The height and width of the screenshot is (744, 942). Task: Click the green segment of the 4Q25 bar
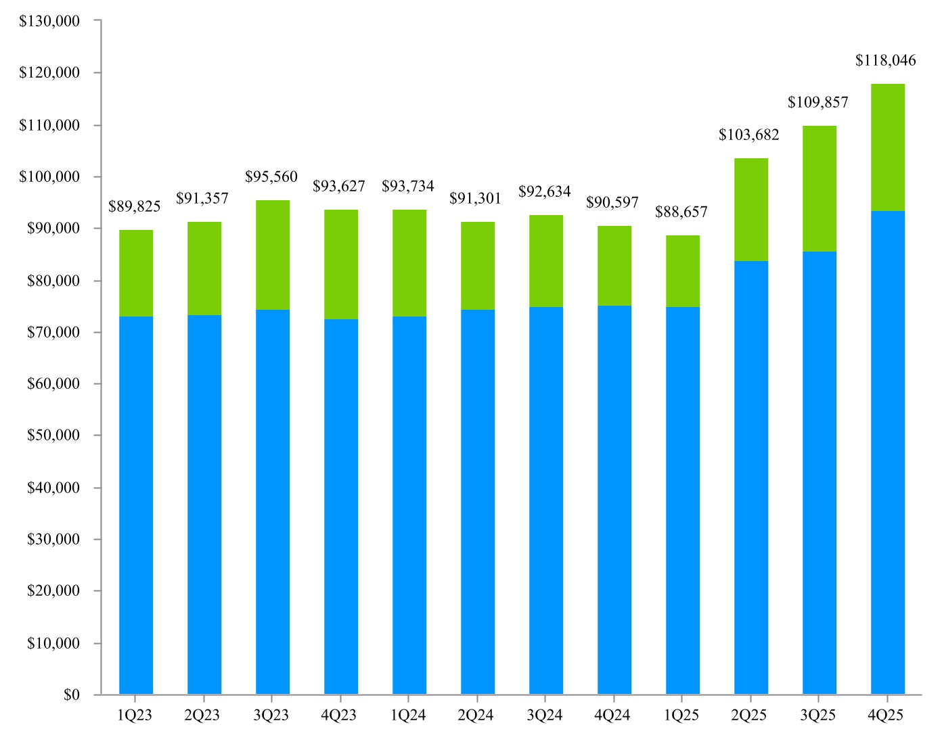point(887,147)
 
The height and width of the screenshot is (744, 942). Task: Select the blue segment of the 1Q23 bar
point(135,505)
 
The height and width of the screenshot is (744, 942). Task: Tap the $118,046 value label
point(885,61)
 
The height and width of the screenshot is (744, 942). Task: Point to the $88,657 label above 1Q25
point(681,212)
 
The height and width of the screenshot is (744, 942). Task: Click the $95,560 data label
point(271,177)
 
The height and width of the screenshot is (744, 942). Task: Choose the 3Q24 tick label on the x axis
point(545,716)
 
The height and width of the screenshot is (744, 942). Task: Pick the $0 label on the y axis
point(71,695)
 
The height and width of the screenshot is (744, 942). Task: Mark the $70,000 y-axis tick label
point(53,332)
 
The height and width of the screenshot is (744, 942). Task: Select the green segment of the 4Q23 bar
point(341,264)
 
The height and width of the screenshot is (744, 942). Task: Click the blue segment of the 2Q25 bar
point(750,478)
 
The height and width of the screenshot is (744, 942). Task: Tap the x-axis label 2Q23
point(202,716)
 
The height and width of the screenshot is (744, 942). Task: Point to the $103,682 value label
point(748,135)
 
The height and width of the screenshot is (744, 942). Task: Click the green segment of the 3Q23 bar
point(272,255)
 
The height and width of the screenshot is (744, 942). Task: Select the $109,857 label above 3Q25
point(817,103)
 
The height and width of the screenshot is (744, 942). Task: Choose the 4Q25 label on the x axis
point(885,716)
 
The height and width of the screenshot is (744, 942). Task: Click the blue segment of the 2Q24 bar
point(477,502)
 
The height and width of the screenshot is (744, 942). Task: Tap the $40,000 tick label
point(53,488)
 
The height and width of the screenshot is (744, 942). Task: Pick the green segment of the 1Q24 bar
point(409,263)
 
